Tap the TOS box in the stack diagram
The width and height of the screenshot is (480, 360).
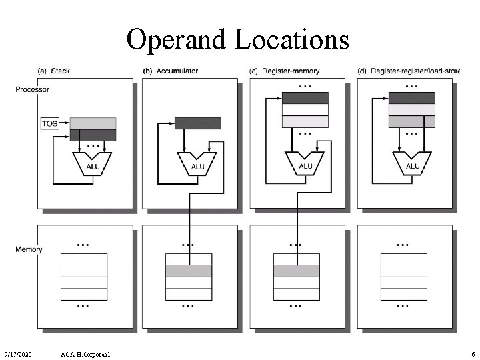[x=49, y=123]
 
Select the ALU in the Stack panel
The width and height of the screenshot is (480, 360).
[x=91, y=163]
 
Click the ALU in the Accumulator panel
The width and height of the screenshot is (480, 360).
[x=197, y=163]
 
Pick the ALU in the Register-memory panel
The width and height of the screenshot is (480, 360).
[x=305, y=163]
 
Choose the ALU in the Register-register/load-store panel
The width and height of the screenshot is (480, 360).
[x=413, y=163]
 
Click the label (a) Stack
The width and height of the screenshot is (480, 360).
[x=54, y=71]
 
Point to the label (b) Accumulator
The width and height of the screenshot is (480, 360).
[x=170, y=71]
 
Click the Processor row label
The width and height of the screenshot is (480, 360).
[x=32, y=89]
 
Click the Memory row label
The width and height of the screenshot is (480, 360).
[x=29, y=249]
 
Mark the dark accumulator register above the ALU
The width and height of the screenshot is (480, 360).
[x=197, y=123]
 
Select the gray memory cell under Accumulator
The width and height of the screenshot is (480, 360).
[x=189, y=271]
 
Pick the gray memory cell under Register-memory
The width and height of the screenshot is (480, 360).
[x=296, y=271]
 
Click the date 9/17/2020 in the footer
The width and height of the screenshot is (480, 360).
[x=19, y=353]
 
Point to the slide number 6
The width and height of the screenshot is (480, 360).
[x=472, y=353]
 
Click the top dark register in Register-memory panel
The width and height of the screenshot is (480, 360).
[x=305, y=98]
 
